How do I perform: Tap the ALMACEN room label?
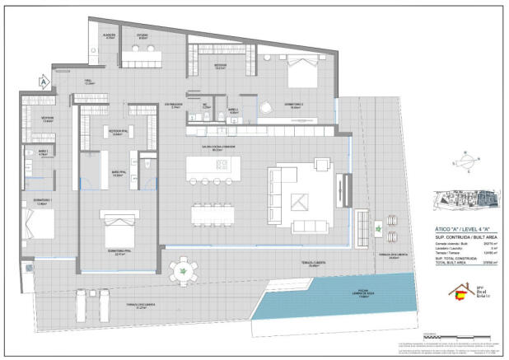(109, 36)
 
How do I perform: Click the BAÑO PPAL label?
(117, 174)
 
